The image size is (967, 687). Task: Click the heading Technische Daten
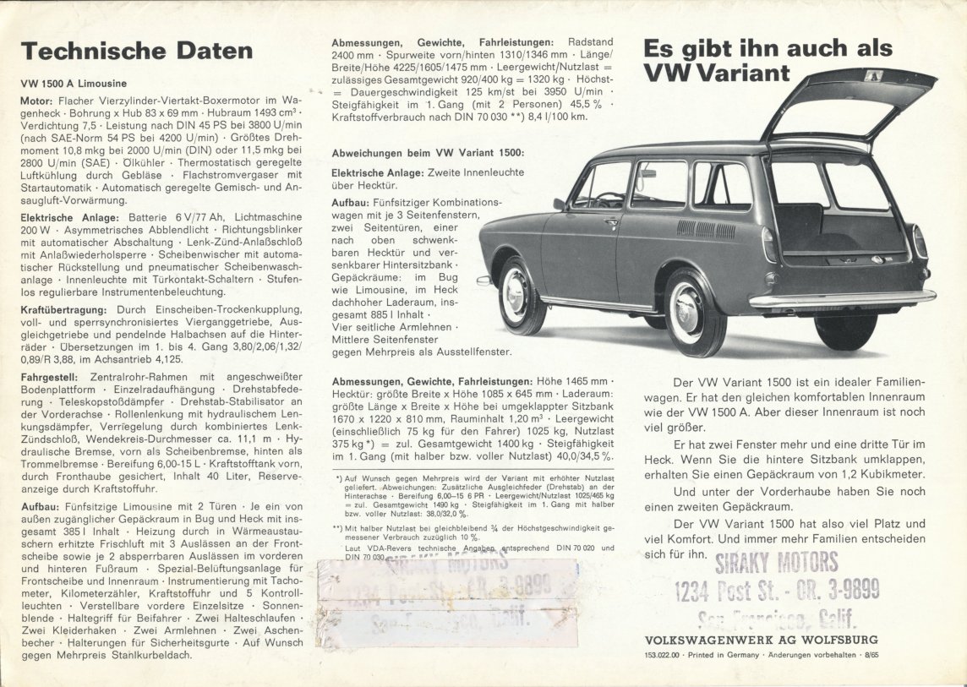(137, 51)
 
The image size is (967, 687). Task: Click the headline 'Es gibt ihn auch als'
(768, 47)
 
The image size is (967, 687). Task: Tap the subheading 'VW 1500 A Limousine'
(74, 84)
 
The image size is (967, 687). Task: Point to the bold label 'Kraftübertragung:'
(59, 309)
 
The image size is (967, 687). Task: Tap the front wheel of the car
(516, 295)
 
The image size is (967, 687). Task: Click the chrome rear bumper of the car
(842, 298)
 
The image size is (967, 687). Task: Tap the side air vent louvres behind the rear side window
(706, 229)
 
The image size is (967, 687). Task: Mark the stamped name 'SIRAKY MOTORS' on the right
(776, 561)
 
